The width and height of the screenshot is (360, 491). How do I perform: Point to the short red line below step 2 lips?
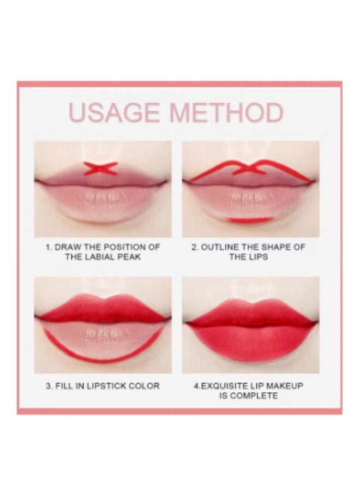click(250, 219)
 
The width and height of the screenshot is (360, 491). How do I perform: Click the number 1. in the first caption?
click(49, 247)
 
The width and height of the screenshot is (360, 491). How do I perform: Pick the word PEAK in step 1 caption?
click(129, 257)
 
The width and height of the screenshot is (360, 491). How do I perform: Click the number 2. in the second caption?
click(195, 247)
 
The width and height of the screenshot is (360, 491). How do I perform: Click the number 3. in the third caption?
click(49, 386)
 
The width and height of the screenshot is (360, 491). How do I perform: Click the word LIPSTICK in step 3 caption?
click(103, 386)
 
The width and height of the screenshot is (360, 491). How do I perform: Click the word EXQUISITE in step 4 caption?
click(223, 386)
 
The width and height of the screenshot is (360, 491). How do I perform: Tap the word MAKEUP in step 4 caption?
click(285, 386)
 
